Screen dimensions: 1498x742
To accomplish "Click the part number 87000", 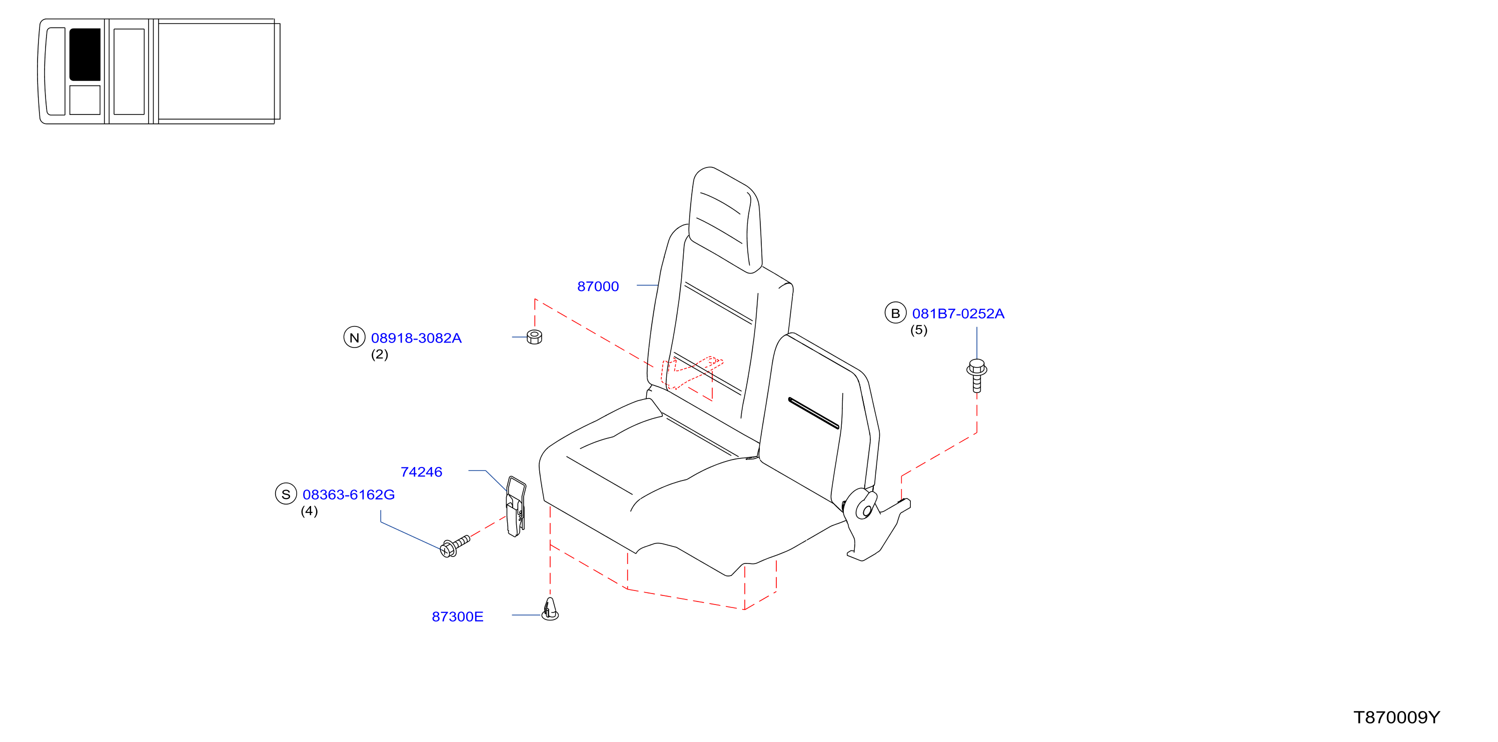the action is [x=598, y=286].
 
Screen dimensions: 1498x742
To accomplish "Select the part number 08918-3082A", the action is [x=416, y=338].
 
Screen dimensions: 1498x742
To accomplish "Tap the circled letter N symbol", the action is [x=354, y=337].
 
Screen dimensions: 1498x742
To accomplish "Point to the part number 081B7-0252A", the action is [x=958, y=313].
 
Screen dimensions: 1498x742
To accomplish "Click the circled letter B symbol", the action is [x=895, y=313].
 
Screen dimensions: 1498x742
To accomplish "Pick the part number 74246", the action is [x=422, y=471].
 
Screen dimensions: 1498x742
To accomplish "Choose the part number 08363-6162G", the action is [x=349, y=494].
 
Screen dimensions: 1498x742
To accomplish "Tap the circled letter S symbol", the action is [x=286, y=493].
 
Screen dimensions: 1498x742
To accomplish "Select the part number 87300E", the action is [x=458, y=616].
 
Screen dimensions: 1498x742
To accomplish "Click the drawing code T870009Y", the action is [x=1397, y=717].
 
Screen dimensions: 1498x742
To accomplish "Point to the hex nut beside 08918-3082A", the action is [x=534, y=336].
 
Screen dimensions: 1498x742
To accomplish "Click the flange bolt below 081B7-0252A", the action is [x=977, y=375].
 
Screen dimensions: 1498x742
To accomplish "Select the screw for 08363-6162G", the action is [x=455, y=546].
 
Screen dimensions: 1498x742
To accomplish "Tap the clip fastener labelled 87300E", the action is [x=550, y=609].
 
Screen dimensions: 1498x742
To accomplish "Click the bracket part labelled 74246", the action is [x=516, y=506].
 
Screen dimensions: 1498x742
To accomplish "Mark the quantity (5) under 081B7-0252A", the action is [x=919, y=329].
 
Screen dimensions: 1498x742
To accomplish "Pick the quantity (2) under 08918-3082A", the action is [x=380, y=354].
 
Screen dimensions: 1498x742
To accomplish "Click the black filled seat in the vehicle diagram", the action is [x=85, y=54].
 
